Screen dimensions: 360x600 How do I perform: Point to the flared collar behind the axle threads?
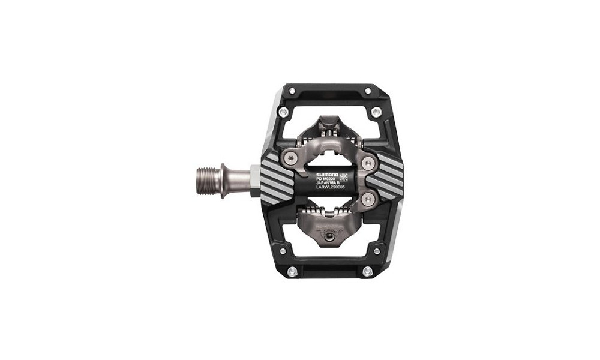pos(223,180)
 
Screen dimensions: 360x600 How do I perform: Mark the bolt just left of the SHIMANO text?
pos(292,158)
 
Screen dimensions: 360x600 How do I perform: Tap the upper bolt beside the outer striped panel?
pos(367,161)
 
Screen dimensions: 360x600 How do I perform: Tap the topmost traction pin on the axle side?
pos(292,91)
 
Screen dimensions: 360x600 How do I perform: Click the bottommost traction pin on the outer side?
pos(367,271)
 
